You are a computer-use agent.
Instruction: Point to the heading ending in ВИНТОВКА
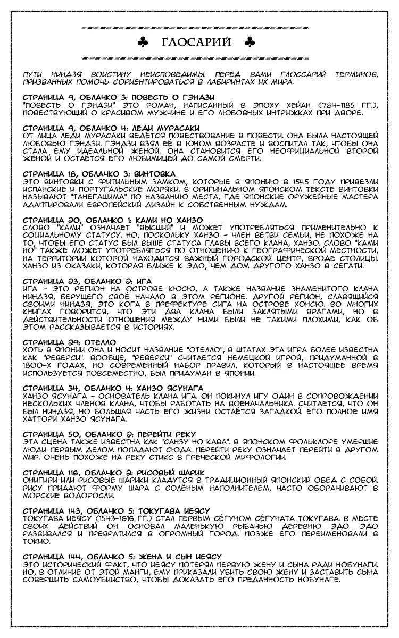pyautogui.click(x=100, y=173)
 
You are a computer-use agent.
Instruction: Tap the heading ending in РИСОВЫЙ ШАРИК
pyautogui.click(x=114, y=472)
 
